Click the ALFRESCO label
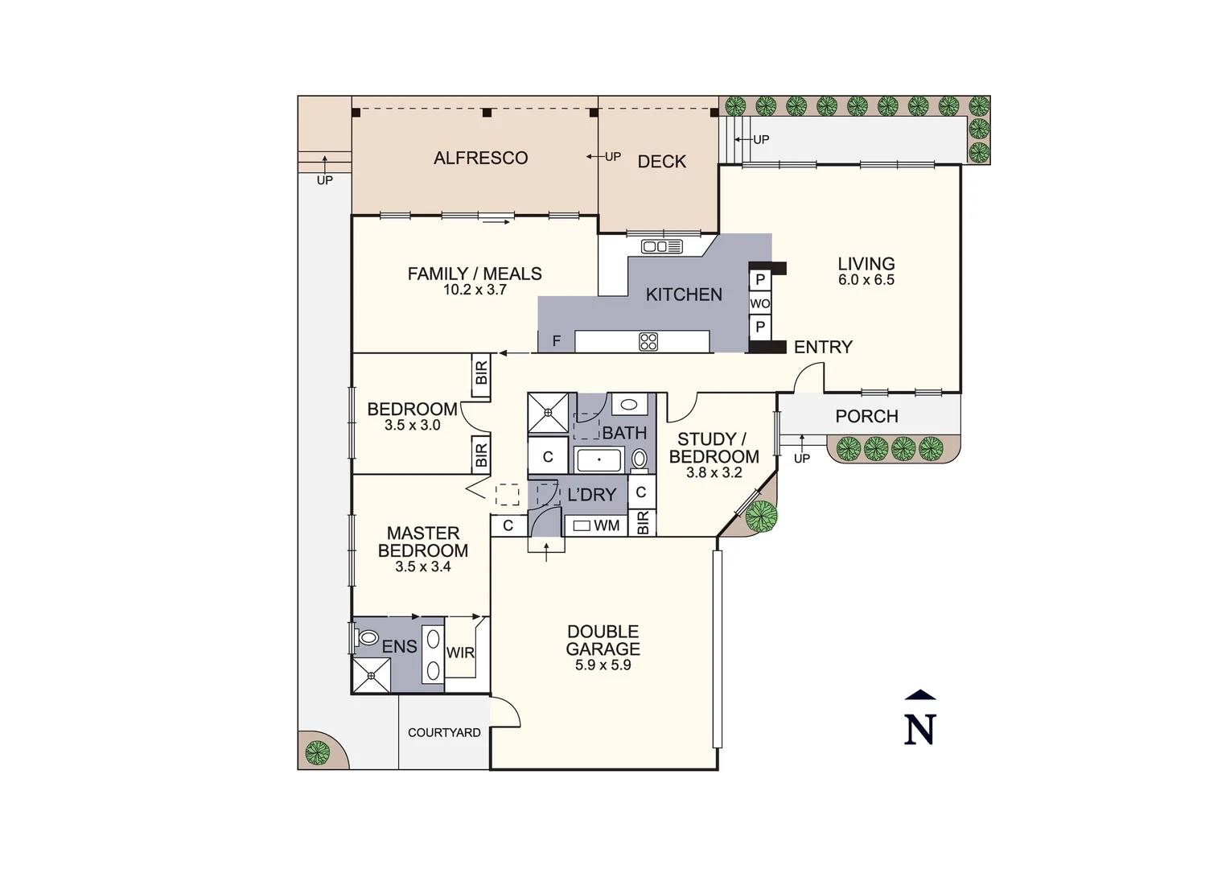[480, 159]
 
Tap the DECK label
[661, 162]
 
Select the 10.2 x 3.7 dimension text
[475, 290]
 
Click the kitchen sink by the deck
[661, 246]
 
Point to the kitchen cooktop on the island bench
[648, 342]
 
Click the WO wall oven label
[759, 304]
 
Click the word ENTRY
[822, 347]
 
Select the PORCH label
[866, 416]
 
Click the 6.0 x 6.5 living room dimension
[866, 280]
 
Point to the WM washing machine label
[607, 526]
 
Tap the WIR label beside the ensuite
[460, 653]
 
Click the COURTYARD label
[444, 733]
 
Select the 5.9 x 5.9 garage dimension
[603, 665]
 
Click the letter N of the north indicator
[919, 730]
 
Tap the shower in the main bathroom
[548, 413]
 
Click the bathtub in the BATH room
[599, 460]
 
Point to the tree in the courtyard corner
[317, 752]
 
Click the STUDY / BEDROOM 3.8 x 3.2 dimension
[714, 473]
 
